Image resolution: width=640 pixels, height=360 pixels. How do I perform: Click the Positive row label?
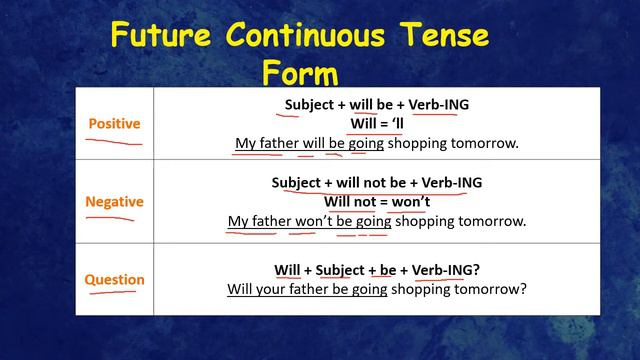115,124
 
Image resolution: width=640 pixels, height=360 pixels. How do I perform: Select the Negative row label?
114,202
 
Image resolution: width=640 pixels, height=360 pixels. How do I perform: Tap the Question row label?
114,280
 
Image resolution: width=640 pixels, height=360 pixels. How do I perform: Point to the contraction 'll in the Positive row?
395,124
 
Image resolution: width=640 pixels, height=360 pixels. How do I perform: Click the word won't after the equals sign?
405,202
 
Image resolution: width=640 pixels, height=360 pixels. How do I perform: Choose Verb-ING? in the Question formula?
445,271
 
